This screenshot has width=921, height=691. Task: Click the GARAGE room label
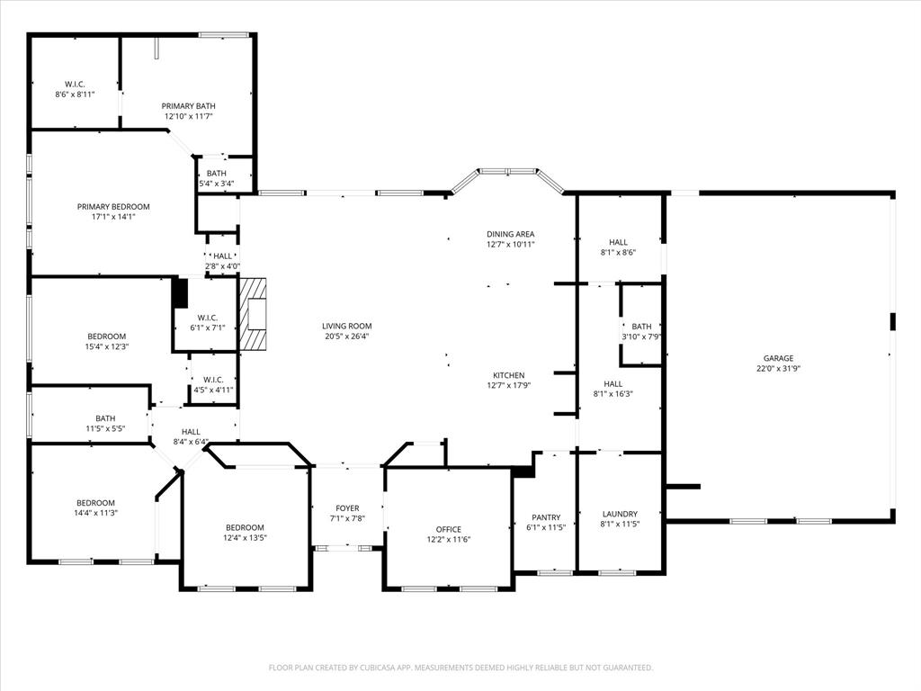pos(778,358)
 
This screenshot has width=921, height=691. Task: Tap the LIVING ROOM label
pos(347,327)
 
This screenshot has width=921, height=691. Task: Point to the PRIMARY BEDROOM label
pos(113,207)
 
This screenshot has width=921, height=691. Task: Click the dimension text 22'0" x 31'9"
pos(778,368)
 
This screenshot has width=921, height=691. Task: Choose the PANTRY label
pos(546,517)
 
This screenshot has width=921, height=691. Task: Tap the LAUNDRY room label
pos(619,515)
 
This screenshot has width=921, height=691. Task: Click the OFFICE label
pos(448,529)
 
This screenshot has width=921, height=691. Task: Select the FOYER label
pos(347,508)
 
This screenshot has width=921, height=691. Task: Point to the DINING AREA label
pos(510,234)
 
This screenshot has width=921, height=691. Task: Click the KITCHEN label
pos(508,375)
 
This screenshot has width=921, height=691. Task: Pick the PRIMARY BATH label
pos(188,106)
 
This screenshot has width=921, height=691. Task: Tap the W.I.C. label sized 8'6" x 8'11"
pos(75,89)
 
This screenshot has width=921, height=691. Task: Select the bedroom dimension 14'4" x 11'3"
pos(95,513)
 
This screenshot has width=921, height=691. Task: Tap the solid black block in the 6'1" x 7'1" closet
pos(180,293)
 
